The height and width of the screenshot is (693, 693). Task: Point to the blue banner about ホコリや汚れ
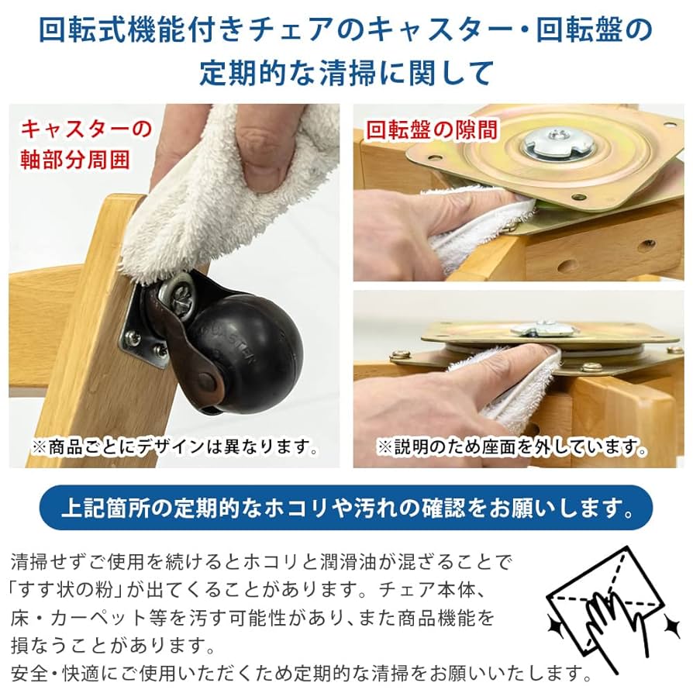point(346,509)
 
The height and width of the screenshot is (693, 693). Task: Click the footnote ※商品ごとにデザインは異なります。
point(174,447)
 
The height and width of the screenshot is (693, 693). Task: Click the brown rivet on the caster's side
point(207,381)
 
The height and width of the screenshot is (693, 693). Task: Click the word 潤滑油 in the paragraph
point(367,560)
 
